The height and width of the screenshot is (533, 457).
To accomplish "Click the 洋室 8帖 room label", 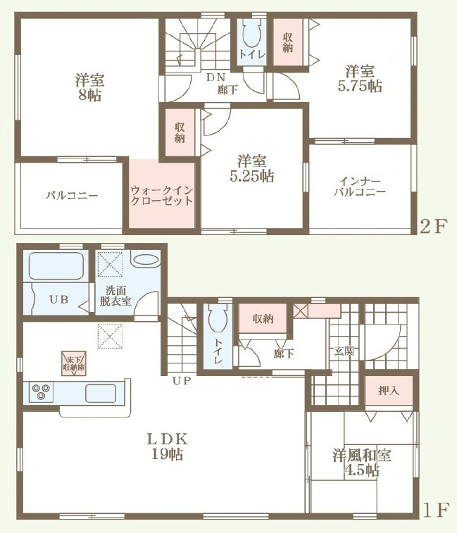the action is [x=89, y=88].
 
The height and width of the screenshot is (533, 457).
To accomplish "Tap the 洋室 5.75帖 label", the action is [x=360, y=79].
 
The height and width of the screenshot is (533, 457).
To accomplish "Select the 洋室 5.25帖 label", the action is [x=252, y=169].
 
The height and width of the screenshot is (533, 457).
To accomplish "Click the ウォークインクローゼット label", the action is [x=161, y=195].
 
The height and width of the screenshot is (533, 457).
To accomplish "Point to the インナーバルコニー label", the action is [x=360, y=186].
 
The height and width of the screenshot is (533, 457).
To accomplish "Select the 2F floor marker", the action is [x=432, y=227].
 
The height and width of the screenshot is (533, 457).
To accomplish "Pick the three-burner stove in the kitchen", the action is [x=41, y=391].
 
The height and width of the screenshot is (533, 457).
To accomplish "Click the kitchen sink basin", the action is [x=101, y=394].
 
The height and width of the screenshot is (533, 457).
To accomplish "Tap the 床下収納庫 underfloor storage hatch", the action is [x=74, y=363].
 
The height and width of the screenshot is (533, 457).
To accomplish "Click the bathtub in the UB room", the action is [x=56, y=266].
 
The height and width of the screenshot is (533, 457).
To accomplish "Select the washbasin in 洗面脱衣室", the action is [x=146, y=260].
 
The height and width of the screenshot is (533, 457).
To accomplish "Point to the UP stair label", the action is [x=182, y=380].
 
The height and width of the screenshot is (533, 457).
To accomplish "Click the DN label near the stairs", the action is [x=215, y=77].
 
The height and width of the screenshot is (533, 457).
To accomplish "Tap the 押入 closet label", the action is [x=389, y=390].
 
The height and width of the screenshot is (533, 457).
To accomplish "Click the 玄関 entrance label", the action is [x=344, y=351].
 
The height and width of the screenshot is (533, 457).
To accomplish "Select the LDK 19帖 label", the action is [x=168, y=446].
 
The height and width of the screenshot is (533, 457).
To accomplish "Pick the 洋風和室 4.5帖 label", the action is [x=362, y=463].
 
